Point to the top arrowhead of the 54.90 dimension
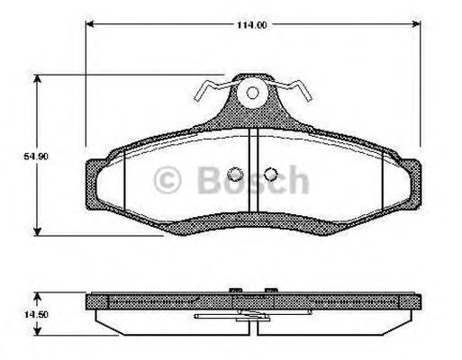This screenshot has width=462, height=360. pos(36,79)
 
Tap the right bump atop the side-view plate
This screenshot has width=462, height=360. pos(268,289)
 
